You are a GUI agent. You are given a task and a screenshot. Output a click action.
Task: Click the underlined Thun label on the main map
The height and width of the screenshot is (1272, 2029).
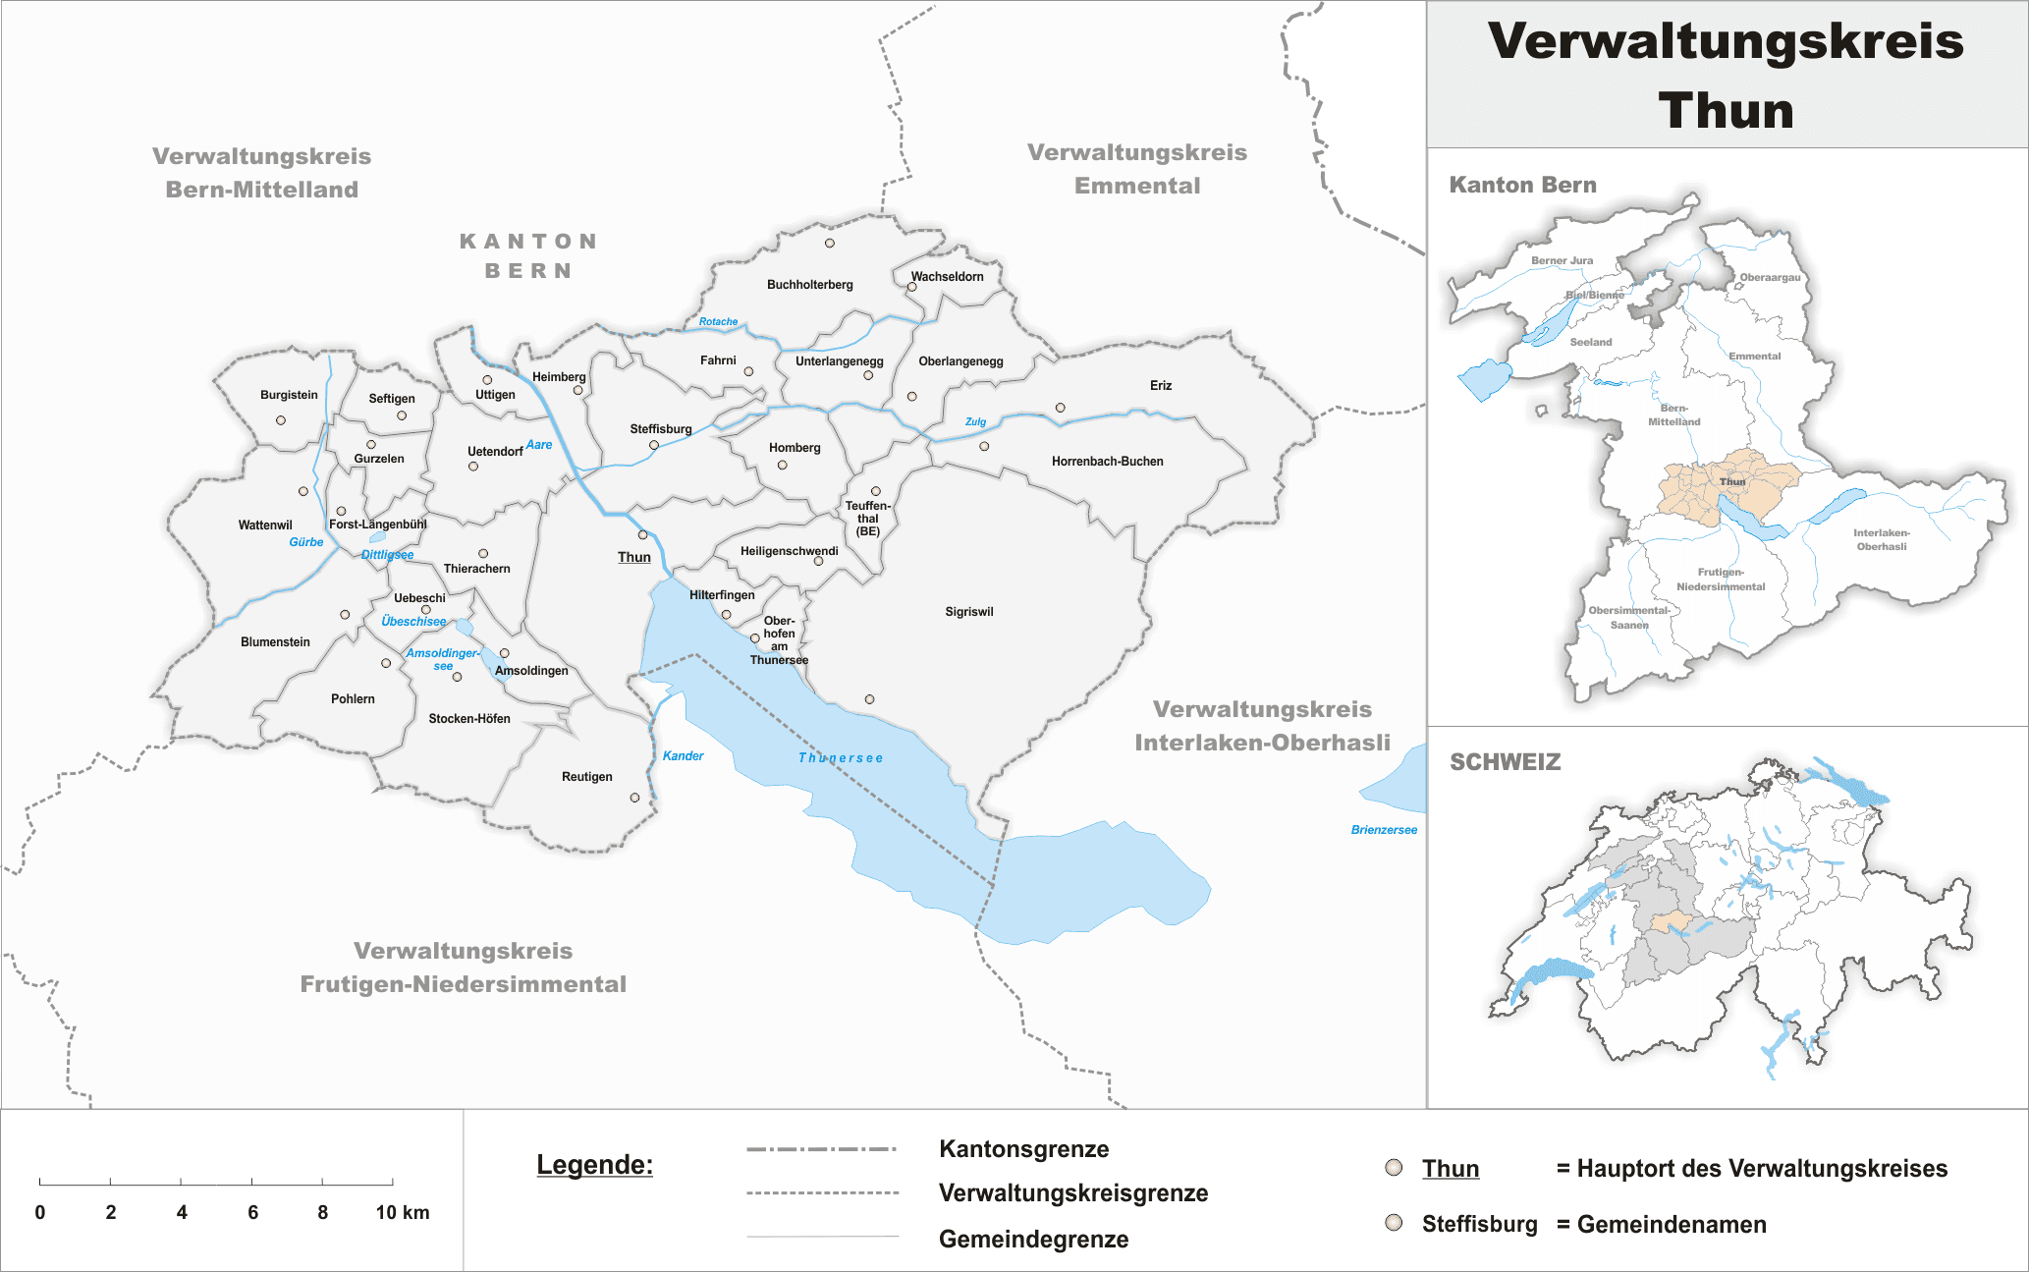(x=633, y=557)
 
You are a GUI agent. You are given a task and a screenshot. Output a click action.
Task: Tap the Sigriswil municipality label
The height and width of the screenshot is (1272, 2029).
(x=968, y=612)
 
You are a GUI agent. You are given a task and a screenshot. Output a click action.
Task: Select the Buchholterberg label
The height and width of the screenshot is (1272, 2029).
(x=809, y=285)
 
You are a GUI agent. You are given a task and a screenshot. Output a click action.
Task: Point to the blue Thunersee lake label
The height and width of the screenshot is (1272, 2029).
(x=841, y=758)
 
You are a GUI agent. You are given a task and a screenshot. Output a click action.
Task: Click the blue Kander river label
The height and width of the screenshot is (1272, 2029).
(x=683, y=756)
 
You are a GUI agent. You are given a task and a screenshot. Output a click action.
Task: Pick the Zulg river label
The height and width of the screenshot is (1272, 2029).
(x=975, y=422)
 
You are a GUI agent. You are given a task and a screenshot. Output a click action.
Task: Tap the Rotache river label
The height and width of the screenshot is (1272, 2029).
(x=718, y=322)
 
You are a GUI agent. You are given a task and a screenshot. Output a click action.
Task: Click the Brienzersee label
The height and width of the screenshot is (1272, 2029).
(x=1384, y=830)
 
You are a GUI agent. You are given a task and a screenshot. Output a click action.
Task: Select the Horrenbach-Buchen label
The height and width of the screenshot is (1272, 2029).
(x=1107, y=462)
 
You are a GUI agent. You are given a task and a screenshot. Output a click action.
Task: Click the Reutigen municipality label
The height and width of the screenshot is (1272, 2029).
(x=586, y=777)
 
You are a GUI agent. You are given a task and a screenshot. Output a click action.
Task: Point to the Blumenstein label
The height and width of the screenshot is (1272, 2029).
(x=275, y=642)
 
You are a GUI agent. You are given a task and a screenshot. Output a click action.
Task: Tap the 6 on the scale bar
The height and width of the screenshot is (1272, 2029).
(x=252, y=1212)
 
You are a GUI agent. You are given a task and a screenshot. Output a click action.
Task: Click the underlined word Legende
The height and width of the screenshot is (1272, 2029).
(x=594, y=1165)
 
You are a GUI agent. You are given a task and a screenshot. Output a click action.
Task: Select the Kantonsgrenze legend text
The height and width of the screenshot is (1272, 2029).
(x=1023, y=1149)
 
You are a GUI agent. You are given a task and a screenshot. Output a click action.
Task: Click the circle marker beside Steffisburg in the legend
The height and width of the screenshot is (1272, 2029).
(x=1394, y=1223)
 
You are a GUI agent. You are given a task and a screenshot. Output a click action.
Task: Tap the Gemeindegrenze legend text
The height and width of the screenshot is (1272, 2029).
(x=1033, y=1240)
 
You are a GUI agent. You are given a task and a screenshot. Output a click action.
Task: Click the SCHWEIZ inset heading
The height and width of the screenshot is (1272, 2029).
(x=1505, y=762)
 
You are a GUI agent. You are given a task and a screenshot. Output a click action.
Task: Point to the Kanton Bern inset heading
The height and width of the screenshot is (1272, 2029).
(x=1522, y=185)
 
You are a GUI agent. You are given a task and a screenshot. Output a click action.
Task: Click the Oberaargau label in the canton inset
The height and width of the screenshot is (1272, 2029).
(x=1770, y=278)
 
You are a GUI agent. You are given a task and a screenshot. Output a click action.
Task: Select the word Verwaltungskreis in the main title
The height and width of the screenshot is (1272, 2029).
(x=1726, y=41)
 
